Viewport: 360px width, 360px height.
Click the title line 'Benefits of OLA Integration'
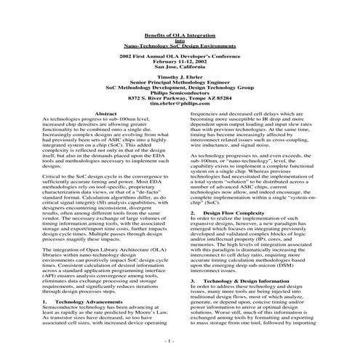click(x=180, y=36)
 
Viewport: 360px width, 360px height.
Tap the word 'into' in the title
click(x=180, y=41)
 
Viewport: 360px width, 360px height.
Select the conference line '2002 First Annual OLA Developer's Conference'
click(x=180, y=56)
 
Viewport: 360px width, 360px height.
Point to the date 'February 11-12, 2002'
click(x=180, y=61)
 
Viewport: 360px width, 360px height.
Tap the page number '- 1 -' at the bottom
click(x=180, y=340)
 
